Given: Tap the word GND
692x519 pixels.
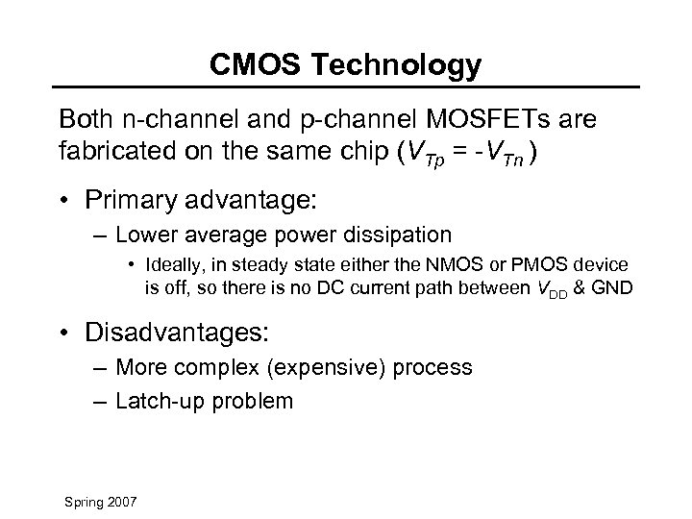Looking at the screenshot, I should coord(612,285).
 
